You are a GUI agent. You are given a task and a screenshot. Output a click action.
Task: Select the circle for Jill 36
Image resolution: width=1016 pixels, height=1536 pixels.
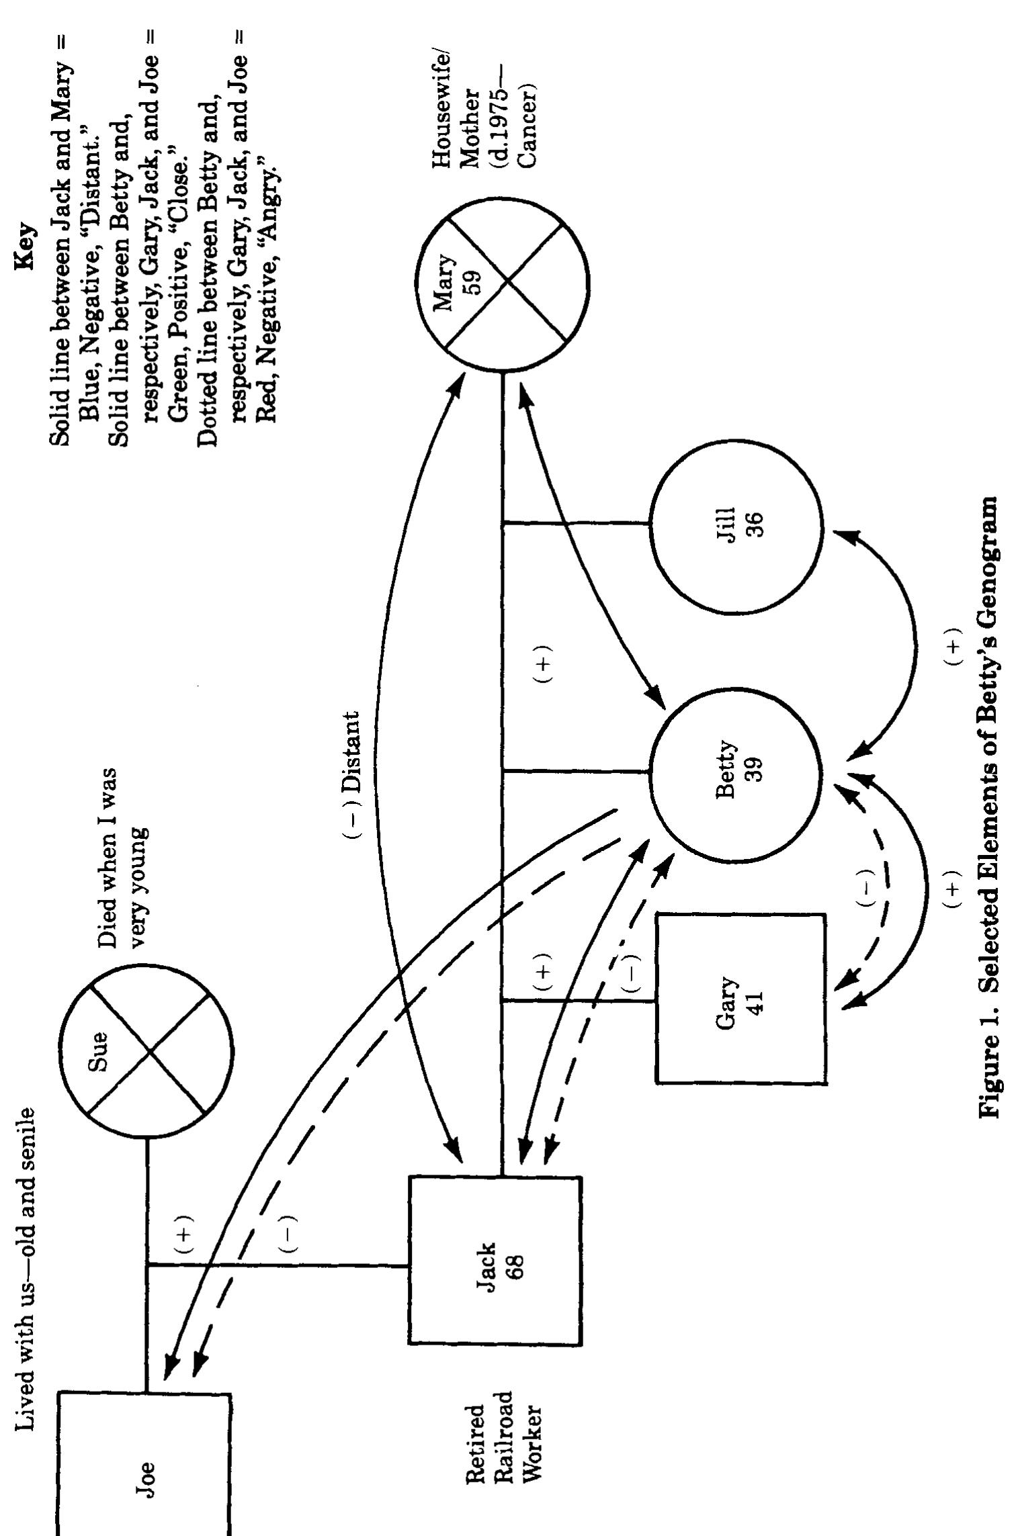(736, 527)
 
